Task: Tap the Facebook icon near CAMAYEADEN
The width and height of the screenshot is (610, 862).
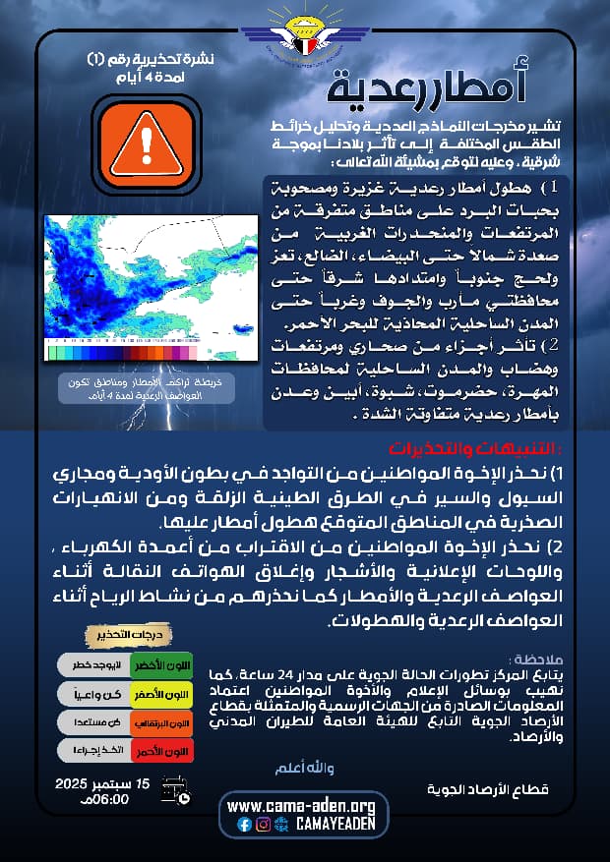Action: click(244, 825)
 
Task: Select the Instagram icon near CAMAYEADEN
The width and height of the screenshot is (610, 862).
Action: click(263, 825)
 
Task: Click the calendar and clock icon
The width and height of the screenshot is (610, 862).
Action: click(175, 793)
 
